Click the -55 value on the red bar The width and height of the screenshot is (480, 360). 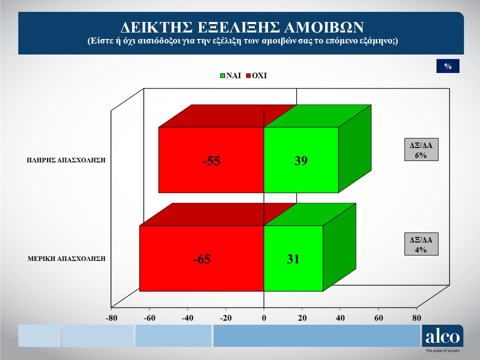(x=211, y=160)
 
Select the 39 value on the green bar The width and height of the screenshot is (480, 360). (x=301, y=160)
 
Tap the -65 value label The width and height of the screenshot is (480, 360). (x=201, y=259)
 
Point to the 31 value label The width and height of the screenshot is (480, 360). (x=293, y=259)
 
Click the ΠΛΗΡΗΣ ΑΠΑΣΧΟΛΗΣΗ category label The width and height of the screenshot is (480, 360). (x=66, y=160)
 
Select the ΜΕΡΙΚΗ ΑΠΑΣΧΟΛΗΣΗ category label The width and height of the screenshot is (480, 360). (x=66, y=258)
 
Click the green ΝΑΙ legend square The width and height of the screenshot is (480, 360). (x=222, y=75)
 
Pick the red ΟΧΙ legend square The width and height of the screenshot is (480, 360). (x=248, y=75)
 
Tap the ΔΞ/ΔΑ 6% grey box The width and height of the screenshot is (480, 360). (x=421, y=149)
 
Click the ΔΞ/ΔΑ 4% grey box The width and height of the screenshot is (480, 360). (x=421, y=244)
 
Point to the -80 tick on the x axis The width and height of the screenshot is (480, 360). (x=111, y=318)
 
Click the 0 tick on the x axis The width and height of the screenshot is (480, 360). (x=264, y=318)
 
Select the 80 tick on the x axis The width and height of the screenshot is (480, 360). (x=416, y=318)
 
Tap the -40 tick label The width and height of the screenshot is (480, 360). (x=187, y=318)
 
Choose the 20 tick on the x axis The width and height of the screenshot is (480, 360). (x=302, y=318)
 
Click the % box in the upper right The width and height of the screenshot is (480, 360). (x=448, y=66)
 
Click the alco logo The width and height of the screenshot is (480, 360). (x=442, y=336)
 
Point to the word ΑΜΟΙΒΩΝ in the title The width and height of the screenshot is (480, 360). (x=324, y=27)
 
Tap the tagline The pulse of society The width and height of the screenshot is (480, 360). (x=442, y=351)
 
